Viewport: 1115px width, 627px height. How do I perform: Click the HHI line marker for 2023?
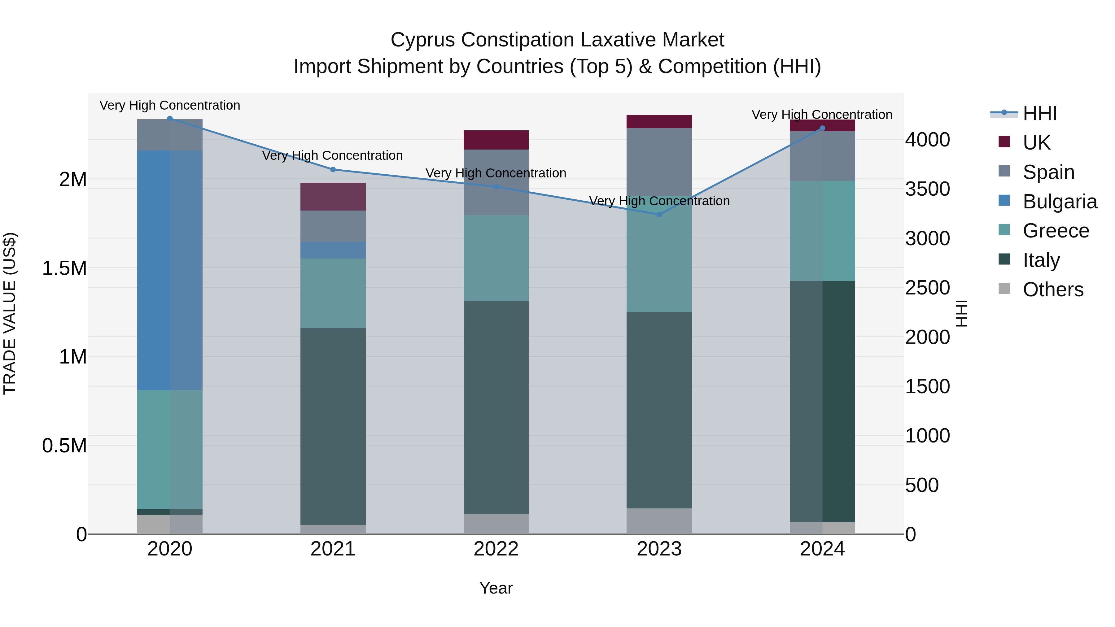(659, 214)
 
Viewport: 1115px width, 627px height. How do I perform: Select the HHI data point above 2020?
(170, 118)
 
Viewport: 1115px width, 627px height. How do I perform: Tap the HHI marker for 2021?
(333, 170)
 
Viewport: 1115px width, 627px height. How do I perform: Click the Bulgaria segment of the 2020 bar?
(170, 270)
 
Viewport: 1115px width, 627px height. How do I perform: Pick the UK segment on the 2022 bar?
(496, 140)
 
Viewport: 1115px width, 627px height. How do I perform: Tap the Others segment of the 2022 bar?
(496, 524)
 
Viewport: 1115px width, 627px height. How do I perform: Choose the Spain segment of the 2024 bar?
(822, 156)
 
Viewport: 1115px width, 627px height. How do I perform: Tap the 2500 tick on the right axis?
(927, 288)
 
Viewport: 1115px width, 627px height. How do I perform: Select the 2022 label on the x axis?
(496, 549)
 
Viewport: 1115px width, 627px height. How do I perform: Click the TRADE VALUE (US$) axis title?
(10, 313)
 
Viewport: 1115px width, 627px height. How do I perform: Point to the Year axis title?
(496, 588)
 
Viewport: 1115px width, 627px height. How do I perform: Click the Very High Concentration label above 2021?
(332, 155)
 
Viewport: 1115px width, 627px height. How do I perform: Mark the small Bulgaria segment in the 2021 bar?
(333, 250)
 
